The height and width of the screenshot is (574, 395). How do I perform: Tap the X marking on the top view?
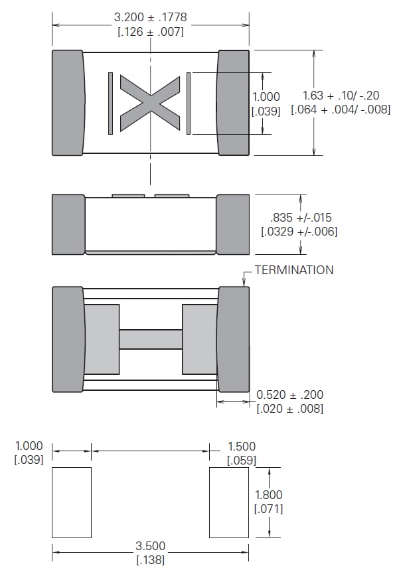(x=150, y=103)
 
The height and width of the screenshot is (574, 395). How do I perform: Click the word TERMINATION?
(x=295, y=270)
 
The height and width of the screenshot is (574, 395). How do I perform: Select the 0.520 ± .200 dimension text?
(x=290, y=395)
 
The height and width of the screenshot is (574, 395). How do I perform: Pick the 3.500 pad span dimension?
(x=150, y=547)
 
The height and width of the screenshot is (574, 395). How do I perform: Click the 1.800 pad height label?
(x=268, y=495)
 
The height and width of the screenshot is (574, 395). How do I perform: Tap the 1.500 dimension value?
(x=241, y=447)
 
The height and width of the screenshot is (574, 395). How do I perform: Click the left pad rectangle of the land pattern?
(x=72, y=502)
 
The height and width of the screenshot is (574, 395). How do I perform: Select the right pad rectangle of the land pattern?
(x=229, y=502)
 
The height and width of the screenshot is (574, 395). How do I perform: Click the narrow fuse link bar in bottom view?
(x=150, y=339)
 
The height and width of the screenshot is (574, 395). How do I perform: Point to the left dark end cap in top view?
(x=68, y=103)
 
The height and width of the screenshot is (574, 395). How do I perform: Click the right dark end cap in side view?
(x=233, y=224)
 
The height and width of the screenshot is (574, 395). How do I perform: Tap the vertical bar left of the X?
(x=111, y=103)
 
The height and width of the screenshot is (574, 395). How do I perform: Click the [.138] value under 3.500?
(x=150, y=561)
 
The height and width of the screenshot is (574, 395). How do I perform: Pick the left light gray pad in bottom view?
(x=101, y=339)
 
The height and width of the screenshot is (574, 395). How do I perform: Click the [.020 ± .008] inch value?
(x=290, y=409)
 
